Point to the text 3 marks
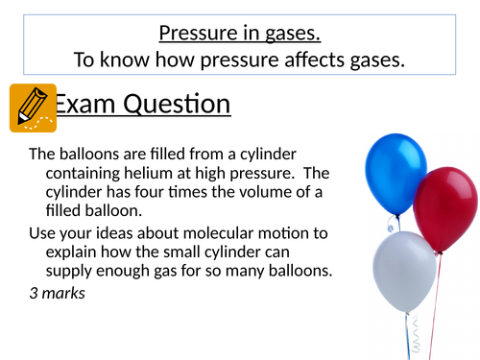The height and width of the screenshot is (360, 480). click(x=57, y=292)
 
